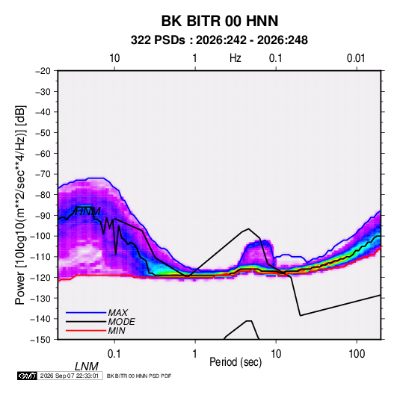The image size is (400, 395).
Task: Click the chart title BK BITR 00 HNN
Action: [x=220, y=21]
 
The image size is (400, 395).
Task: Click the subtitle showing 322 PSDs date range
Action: [x=219, y=40]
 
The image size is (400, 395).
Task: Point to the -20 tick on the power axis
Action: [x=43, y=71]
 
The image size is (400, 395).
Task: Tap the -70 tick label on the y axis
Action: [x=43, y=174]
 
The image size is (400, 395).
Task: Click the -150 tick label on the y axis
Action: [x=40, y=340]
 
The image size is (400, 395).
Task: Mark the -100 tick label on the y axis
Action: [x=40, y=236]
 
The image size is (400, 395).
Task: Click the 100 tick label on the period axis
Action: [x=357, y=354]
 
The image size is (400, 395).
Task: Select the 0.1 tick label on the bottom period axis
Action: [x=114, y=354]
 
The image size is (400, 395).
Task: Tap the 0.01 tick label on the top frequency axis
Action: [x=356, y=58]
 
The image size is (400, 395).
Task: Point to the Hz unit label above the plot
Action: [x=236, y=58]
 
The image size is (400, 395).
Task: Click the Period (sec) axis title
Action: [x=236, y=362]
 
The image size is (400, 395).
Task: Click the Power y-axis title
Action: [x=20, y=205]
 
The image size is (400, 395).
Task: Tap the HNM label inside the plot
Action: [x=87, y=211]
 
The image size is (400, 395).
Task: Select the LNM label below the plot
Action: [x=87, y=367]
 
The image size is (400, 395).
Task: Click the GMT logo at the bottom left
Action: [x=28, y=376]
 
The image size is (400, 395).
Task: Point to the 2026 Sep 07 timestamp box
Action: [x=70, y=376]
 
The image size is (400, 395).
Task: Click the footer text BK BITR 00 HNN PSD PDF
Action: [x=139, y=376]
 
